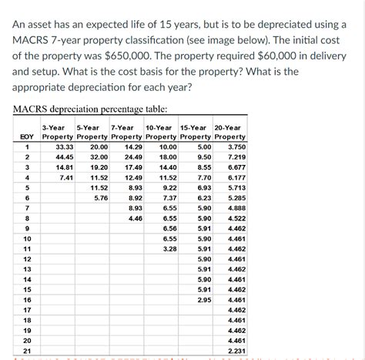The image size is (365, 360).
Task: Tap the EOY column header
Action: point(26,136)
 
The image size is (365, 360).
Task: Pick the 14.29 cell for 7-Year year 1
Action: point(133,146)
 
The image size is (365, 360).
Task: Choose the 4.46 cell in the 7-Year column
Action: point(135,219)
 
